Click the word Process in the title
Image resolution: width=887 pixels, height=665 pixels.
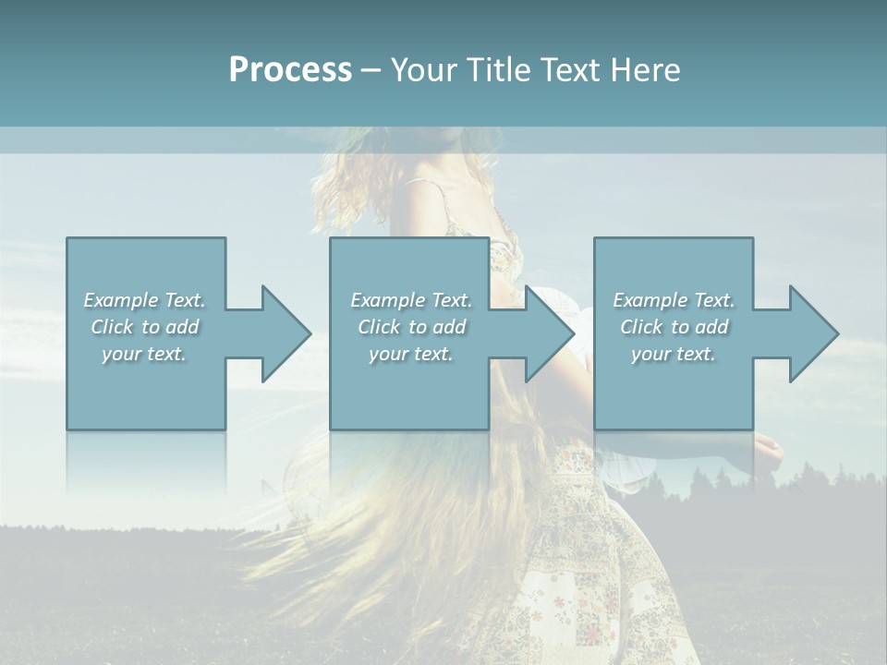point(290,70)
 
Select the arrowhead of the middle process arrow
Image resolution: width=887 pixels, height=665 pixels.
point(548,333)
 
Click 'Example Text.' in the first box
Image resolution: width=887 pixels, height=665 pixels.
point(144,300)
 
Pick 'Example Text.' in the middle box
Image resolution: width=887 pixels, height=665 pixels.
point(411,300)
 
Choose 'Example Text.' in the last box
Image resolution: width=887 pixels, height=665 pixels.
point(674,300)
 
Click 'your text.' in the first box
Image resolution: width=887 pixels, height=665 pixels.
point(144,354)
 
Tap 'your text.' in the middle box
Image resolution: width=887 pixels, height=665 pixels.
point(411,354)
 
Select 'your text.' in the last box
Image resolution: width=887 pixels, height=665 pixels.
point(674,354)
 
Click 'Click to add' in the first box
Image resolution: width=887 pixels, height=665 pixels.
point(144,327)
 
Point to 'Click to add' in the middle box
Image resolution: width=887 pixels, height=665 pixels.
point(411,327)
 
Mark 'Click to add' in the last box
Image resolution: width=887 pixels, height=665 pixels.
point(674,327)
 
